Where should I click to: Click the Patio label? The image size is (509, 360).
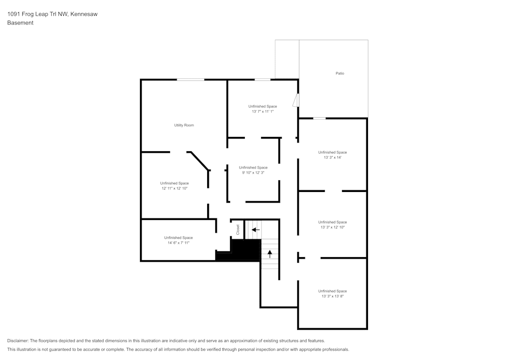click(340, 73)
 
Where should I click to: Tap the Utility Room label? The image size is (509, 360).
click(184, 125)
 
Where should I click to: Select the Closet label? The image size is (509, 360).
click(238, 230)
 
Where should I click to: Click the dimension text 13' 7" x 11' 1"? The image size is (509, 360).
click(263, 112)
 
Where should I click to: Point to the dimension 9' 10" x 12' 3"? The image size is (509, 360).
click(253, 173)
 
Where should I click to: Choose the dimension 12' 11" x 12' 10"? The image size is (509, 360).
click(175, 188)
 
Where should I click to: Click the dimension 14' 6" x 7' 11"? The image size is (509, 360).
click(178, 243)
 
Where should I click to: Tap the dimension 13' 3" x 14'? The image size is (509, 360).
click(332, 157)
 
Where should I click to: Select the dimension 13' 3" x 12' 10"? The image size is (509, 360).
click(332, 227)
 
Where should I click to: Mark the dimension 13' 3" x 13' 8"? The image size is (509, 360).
click(332, 296)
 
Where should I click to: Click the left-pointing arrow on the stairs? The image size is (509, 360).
click(256, 230)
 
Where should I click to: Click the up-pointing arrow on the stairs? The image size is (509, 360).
click(270, 254)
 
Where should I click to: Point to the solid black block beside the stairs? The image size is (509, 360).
click(245, 250)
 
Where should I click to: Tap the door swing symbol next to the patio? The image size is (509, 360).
click(296, 100)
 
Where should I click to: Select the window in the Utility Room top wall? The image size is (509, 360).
click(190, 79)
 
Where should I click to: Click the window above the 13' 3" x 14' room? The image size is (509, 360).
click(319, 119)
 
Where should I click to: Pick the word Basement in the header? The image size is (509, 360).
click(20, 23)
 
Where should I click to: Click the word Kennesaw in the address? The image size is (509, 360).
click(83, 14)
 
